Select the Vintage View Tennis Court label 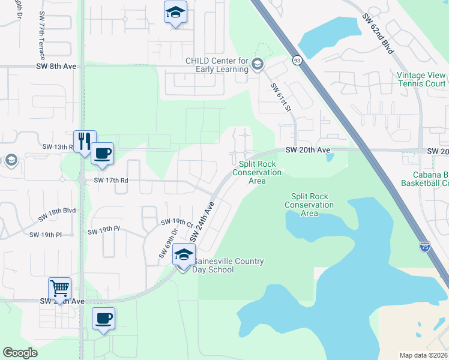tap(421, 79)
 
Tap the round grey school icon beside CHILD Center tap(258, 64)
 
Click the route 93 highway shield tap(297, 60)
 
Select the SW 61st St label tap(280, 98)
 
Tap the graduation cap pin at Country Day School tap(184, 254)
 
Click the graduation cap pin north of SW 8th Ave tap(175, 13)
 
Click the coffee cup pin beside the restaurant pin tap(102, 154)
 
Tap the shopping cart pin tap(60, 289)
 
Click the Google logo tap(20, 353)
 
